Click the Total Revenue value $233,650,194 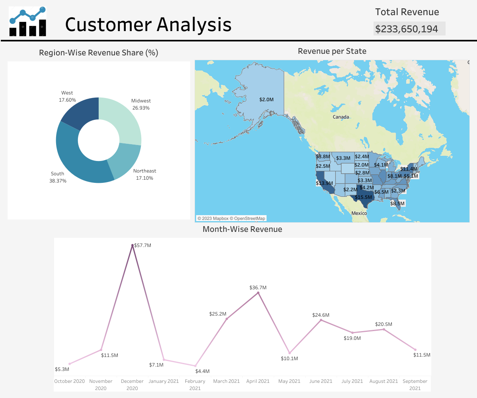(x=407, y=29)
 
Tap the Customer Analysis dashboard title (x=148, y=24)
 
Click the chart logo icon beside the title (x=27, y=22)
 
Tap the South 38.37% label (x=58, y=177)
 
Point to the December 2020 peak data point (x=132, y=245)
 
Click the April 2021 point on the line (x=258, y=293)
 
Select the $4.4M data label (x=202, y=371)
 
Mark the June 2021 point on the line (x=321, y=320)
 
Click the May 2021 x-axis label (x=289, y=381)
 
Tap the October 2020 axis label (x=70, y=381)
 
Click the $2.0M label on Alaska (x=266, y=99)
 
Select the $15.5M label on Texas (x=363, y=197)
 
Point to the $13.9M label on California (x=324, y=183)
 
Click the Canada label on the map (x=341, y=117)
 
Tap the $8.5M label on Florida (x=397, y=204)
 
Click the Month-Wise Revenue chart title (x=242, y=229)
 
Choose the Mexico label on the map (x=359, y=214)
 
